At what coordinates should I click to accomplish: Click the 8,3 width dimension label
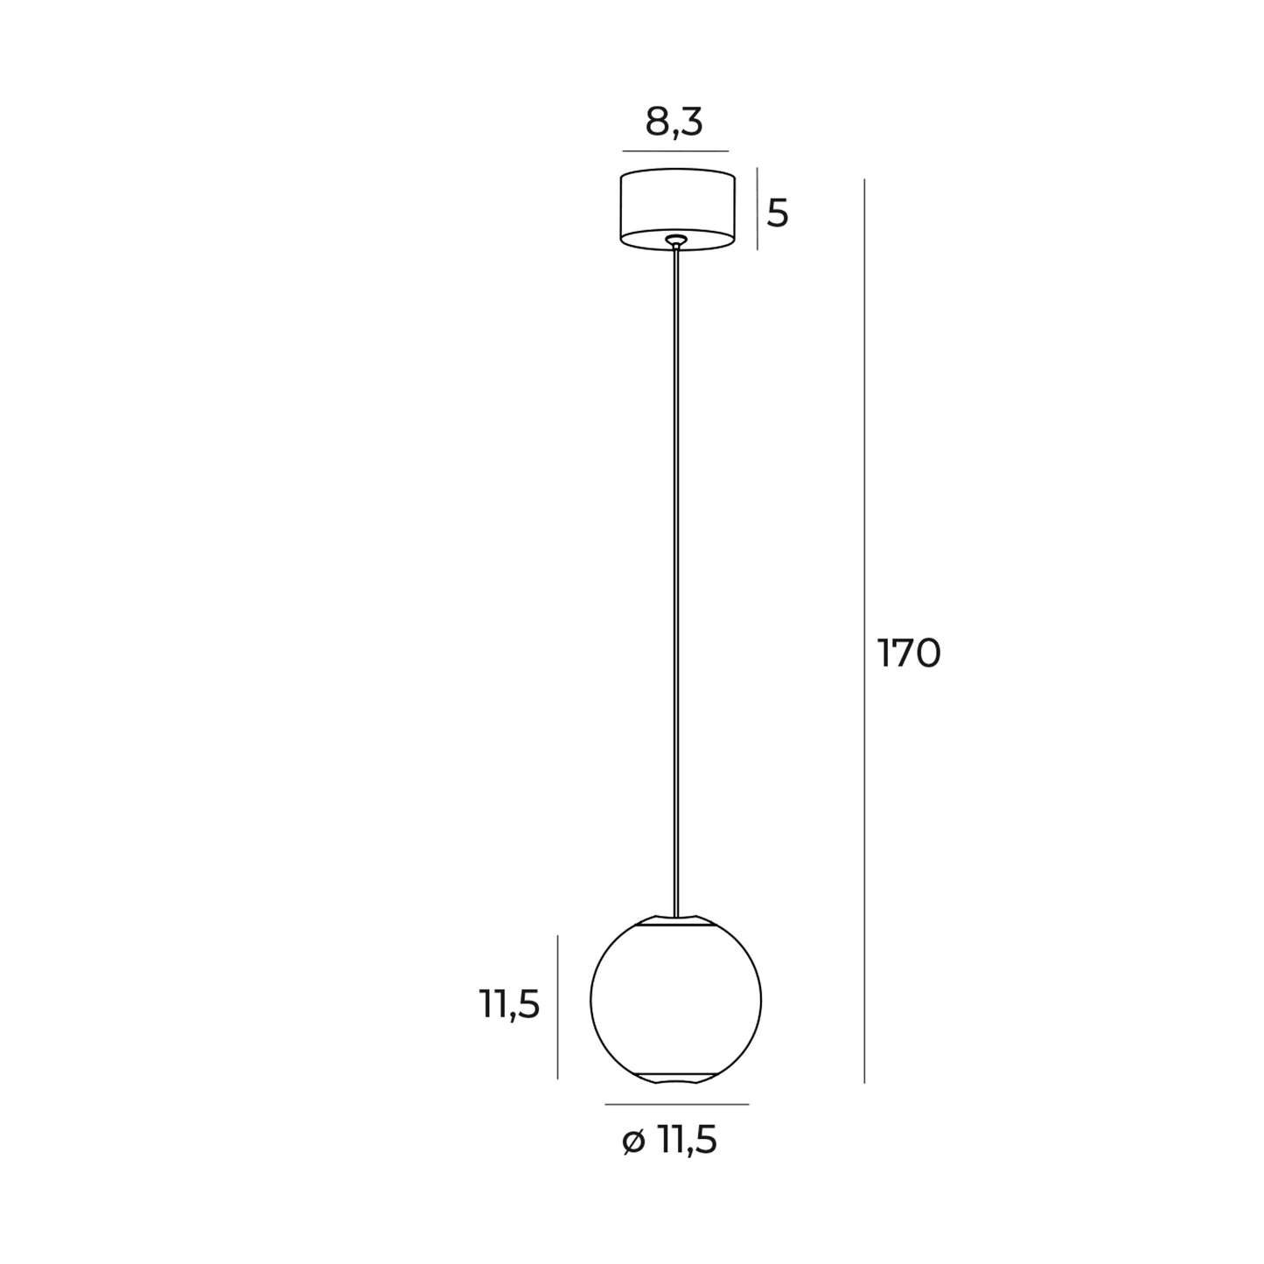click(x=674, y=122)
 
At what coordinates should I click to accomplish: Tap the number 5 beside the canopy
click(x=778, y=213)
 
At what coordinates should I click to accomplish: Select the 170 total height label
click(x=909, y=653)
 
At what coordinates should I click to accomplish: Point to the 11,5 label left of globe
click(x=509, y=1004)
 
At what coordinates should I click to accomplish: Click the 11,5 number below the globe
click(x=688, y=1141)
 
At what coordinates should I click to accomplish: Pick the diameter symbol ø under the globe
click(x=634, y=1142)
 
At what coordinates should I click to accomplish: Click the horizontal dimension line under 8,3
click(x=675, y=151)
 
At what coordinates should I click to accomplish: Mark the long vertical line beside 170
click(x=864, y=630)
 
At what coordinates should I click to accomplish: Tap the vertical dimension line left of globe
click(x=558, y=1006)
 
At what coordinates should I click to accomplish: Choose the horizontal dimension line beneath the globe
click(x=676, y=1104)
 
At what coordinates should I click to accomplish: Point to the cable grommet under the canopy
click(x=675, y=240)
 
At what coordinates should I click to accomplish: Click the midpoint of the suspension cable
click(x=675, y=577)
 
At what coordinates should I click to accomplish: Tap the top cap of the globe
click(x=675, y=921)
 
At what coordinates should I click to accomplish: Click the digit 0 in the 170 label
click(x=927, y=653)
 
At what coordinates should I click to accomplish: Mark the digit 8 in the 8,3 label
click(x=657, y=122)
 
